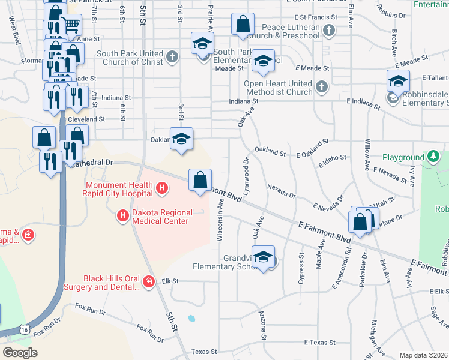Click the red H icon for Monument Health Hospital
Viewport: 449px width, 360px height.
pyautogui.click(x=161, y=189)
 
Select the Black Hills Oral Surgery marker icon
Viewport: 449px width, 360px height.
pyautogui.click(x=148, y=281)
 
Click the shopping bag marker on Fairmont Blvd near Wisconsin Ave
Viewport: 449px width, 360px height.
pyautogui.click(x=200, y=179)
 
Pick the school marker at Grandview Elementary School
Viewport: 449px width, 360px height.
pyautogui.click(x=263, y=257)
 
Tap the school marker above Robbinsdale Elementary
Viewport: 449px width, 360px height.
pyautogui.click(x=398, y=80)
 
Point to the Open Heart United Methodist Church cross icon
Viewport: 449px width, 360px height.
pyautogui.click(x=321, y=88)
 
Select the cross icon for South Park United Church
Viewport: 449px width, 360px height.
pyautogui.click(x=172, y=58)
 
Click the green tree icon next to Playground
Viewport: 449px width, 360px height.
pyautogui.click(x=433, y=157)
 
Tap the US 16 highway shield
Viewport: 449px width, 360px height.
pyautogui.click(x=24, y=329)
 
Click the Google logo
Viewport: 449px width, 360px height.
pyautogui.click(x=20, y=352)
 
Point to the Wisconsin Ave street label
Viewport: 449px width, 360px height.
pyautogui.click(x=220, y=220)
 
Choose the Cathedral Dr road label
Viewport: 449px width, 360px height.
pyautogui.click(x=90, y=162)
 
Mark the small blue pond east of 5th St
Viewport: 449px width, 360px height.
pyautogui.click(x=191, y=318)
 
